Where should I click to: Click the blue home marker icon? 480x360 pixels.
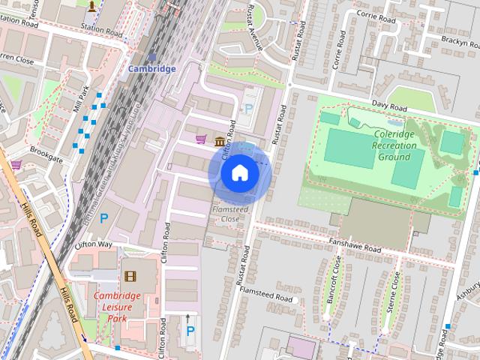(240, 173)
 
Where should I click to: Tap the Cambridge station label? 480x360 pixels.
(151, 69)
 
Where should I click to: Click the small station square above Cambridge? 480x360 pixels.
(152, 57)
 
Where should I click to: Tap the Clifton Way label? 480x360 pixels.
(94, 245)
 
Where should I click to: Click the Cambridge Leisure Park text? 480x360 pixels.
(118, 301)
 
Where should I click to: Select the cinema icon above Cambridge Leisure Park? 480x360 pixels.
(131, 277)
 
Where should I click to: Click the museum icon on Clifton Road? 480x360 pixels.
(219, 142)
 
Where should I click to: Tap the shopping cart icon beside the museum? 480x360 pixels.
(200, 139)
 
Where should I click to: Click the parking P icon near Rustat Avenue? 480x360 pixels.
(249, 109)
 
